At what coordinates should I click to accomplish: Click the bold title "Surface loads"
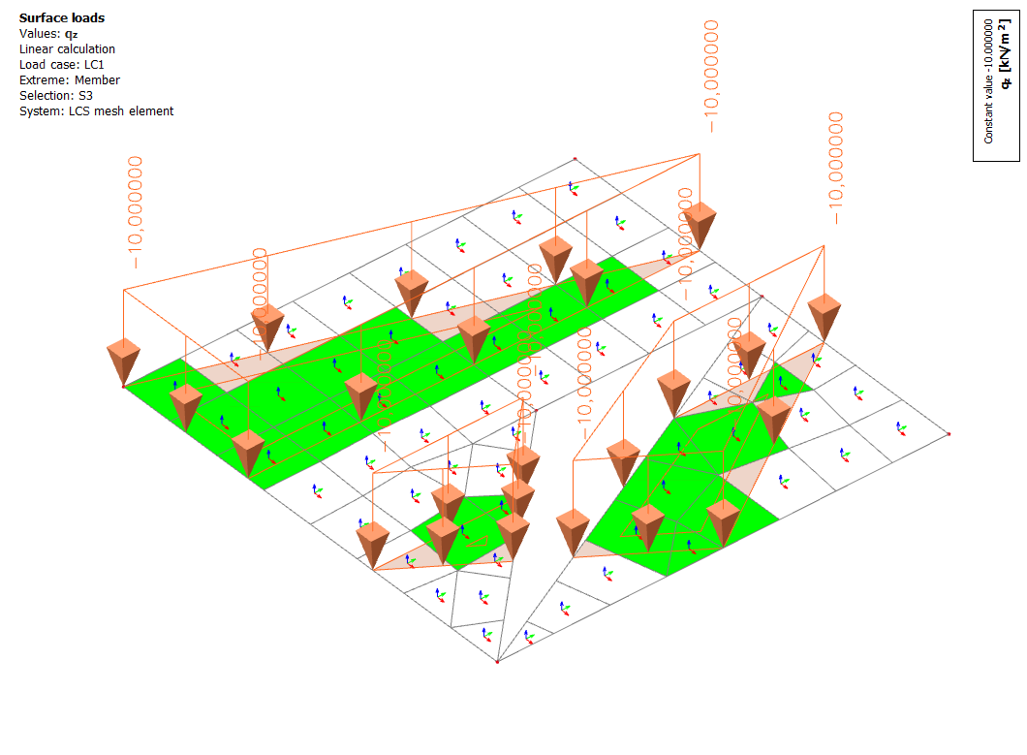[x=62, y=17]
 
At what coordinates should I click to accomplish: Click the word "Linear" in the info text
[x=38, y=49]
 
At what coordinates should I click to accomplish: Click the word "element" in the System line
[x=150, y=111]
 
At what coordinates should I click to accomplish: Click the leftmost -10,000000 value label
[x=136, y=212]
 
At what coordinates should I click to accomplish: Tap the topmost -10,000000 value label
[x=713, y=77]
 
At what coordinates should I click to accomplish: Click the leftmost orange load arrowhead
[x=123, y=361]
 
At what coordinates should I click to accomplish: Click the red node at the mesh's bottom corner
[x=497, y=663]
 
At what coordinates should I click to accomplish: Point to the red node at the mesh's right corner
[x=949, y=433]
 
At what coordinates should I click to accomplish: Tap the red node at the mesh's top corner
[x=575, y=158]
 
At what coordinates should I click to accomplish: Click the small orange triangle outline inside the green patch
[x=480, y=538]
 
